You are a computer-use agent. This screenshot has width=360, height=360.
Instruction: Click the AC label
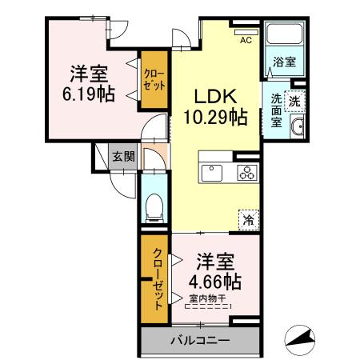pos(246,40)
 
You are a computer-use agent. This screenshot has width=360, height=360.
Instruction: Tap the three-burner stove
pos(246,172)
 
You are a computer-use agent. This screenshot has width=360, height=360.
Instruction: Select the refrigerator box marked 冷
pos(249,217)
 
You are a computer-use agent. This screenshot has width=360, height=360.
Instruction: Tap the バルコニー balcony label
pos(199,340)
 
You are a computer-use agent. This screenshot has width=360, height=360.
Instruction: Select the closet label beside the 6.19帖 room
pos(153,80)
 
